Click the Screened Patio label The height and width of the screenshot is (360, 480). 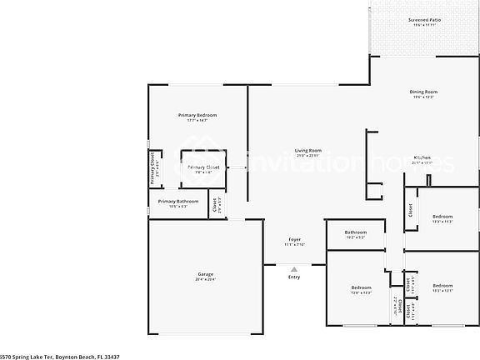pos(425,19)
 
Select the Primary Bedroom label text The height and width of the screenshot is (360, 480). pos(197,114)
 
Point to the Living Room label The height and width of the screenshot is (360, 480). pos(308,150)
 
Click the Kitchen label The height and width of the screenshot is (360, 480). pos(422,157)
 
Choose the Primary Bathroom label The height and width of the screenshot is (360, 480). pos(178,201)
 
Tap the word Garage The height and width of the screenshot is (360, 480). pos(205,274)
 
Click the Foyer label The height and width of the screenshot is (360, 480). pos(294,239)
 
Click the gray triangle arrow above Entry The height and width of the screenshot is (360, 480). pos(293,268)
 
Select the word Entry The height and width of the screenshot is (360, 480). pos(293,277)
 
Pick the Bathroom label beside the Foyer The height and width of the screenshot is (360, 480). pos(357,232)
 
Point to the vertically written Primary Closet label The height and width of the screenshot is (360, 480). pos(152,167)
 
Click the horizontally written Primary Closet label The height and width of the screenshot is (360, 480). pos(203,167)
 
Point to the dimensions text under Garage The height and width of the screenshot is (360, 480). pos(205,280)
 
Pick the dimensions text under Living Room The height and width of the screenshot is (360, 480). pos(308,156)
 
